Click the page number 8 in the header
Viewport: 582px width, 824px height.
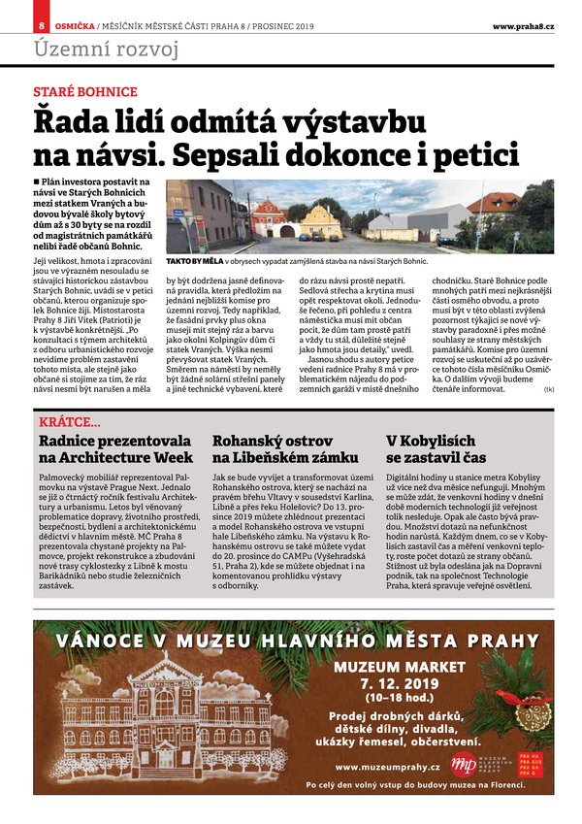point(41,26)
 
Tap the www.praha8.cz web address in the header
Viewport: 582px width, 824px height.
point(522,26)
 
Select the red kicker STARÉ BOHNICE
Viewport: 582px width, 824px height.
point(85,92)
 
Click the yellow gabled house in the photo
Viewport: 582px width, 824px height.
point(320,223)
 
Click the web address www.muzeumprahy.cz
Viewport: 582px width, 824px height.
point(388,768)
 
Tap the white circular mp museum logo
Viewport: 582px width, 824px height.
point(464,764)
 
